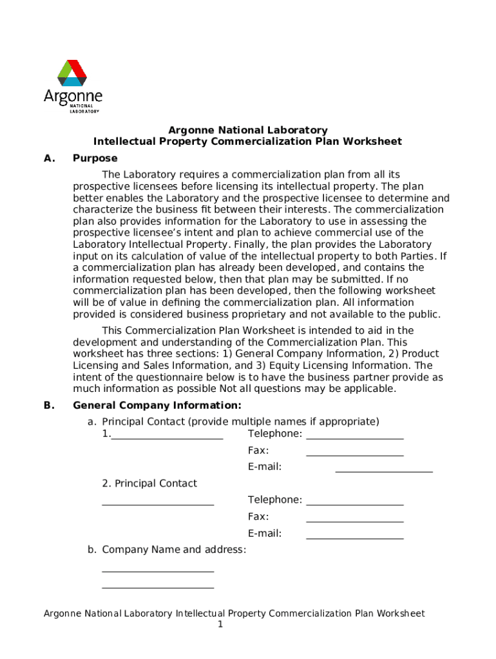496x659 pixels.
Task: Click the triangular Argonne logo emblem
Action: [x=72, y=73]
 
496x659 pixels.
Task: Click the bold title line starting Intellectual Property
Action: [x=247, y=142]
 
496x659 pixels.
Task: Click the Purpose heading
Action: [x=95, y=158]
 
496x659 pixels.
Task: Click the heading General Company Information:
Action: [x=157, y=405]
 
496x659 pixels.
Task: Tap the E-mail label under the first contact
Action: [x=265, y=467]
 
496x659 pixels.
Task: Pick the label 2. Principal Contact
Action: [x=149, y=483]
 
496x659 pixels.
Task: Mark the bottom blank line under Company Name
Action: [x=158, y=587]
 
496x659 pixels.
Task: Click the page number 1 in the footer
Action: [x=220, y=625]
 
